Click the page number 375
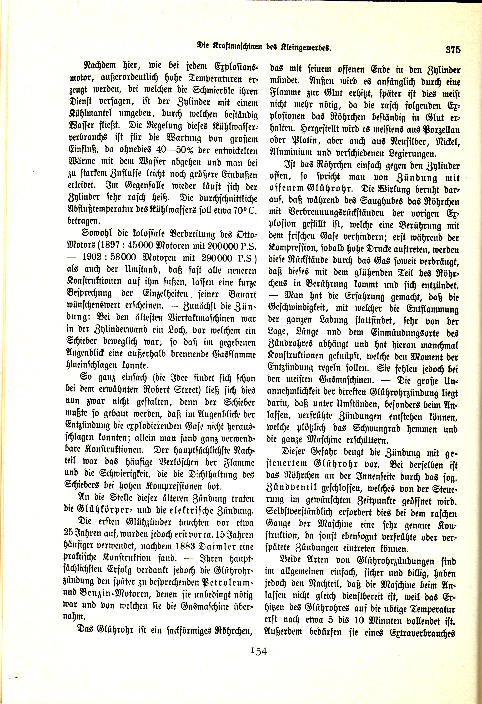click(452, 49)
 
